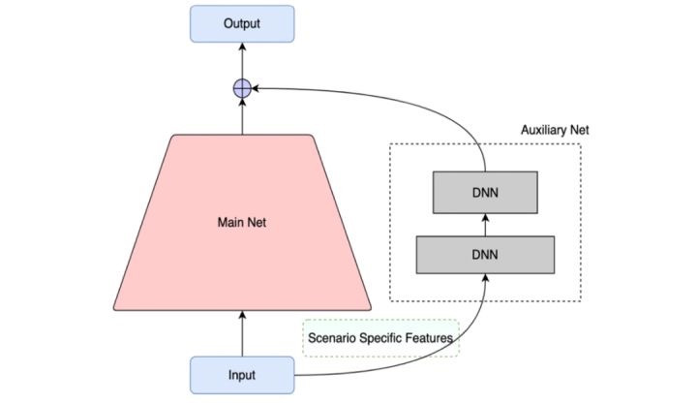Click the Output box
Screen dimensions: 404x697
[241, 22]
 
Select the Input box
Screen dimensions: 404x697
[241, 374]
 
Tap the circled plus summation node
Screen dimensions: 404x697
[242, 89]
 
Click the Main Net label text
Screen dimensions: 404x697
[241, 223]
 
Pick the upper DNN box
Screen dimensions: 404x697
[485, 191]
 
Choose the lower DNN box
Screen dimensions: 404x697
[485, 254]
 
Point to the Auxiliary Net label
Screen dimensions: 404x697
[555, 129]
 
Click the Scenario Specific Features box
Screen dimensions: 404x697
[381, 338]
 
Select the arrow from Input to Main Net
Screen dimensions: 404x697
[241, 333]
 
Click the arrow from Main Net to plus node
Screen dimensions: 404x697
[242, 116]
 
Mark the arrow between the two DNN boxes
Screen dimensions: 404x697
[485, 223]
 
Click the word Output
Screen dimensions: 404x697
[241, 22]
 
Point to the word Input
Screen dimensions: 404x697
[241, 374]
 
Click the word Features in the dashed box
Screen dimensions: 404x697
[428, 338]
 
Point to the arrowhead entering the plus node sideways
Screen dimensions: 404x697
[257, 89]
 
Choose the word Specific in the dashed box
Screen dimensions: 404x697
[379, 338]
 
